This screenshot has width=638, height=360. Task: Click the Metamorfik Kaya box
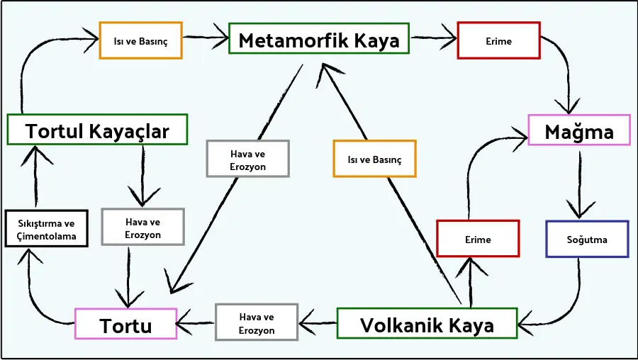[319, 39]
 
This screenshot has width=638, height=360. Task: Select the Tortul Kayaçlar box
[97, 130]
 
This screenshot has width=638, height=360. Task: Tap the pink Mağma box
[579, 130]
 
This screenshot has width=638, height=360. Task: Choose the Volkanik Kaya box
[427, 325]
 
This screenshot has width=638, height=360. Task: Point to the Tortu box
[125, 326]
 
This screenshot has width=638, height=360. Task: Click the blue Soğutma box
[586, 239]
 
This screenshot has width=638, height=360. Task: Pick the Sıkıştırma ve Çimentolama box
[47, 229]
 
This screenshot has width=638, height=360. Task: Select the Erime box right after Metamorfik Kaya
[498, 40]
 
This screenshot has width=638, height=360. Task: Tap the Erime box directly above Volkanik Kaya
[478, 239]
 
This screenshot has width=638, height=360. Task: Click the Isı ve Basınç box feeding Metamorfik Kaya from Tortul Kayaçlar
[141, 40]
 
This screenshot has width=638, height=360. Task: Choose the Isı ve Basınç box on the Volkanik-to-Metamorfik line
[374, 159]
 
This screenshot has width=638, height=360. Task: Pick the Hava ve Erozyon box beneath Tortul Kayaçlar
[142, 227]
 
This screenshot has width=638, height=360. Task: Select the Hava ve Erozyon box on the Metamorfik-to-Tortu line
[248, 159]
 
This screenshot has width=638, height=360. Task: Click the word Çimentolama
[47, 236]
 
